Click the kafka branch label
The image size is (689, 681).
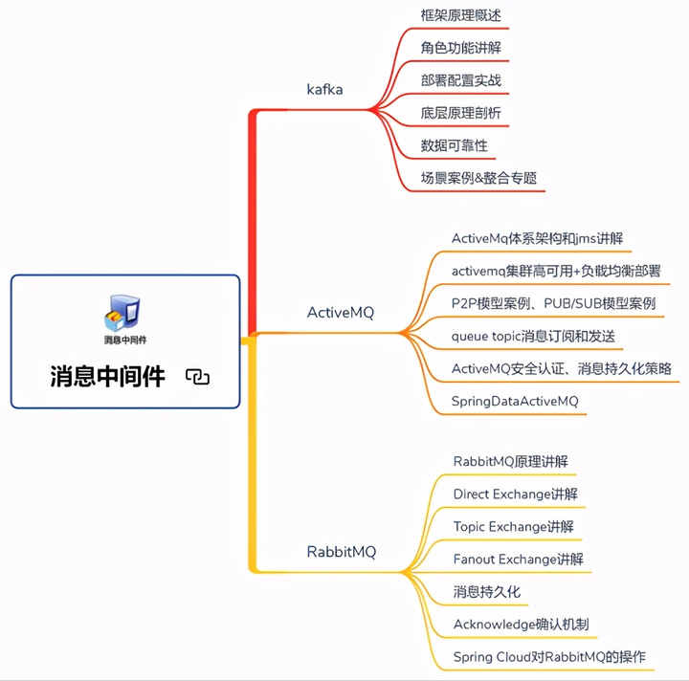coord(324,90)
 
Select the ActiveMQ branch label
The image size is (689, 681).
coord(340,313)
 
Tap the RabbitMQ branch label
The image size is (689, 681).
coord(341,552)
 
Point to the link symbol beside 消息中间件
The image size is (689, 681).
coord(197,377)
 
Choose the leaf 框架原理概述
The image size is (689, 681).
coord(460,16)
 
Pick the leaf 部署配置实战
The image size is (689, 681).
coord(460,80)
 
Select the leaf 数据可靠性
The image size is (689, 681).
coord(454,145)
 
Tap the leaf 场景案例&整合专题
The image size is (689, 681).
coord(478,178)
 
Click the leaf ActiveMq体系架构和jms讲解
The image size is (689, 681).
coord(537,238)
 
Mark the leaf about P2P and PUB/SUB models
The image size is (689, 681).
coord(553,303)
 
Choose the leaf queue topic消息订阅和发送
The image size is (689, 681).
coord(533,337)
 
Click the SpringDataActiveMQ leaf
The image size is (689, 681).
coord(515,402)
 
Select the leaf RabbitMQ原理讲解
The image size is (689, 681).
coord(510,462)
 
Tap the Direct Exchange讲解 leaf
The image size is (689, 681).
coord(515,494)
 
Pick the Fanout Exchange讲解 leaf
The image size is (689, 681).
coord(518,559)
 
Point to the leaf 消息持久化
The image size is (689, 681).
coord(486,592)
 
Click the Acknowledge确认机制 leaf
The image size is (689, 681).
coord(521,625)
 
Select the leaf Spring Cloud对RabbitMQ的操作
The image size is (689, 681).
coord(549,657)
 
